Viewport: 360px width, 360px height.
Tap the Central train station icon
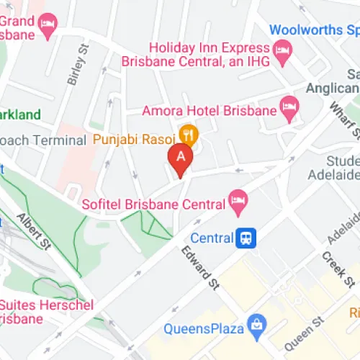[x=246, y=238]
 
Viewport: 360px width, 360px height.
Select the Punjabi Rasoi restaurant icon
[x=188, y=133]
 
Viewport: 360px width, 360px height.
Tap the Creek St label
[x=334, y=267]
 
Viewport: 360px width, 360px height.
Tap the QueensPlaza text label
[x=202, y=328]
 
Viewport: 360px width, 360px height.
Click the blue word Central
[x=212, y=238]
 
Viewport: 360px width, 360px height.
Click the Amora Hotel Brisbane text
[x=210, y=111]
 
